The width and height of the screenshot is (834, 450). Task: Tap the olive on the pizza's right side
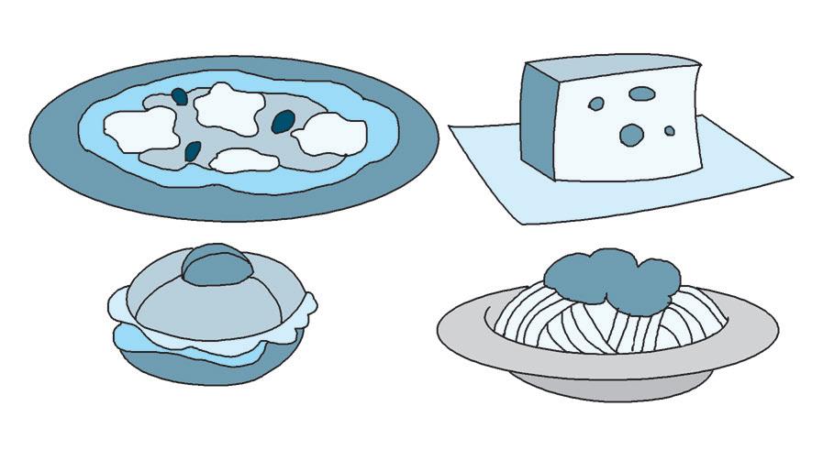tap(284, 119)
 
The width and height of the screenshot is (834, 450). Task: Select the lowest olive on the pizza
tap(193, 150)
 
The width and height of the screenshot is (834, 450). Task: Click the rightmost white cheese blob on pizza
tap(329, 136)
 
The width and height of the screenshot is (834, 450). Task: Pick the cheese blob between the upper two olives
tap(229, 107)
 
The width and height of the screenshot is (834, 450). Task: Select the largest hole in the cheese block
tap(632, 135)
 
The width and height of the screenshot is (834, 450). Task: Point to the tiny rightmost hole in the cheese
tap(670, 131)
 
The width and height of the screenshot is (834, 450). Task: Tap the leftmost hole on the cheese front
tap(596, 104)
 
